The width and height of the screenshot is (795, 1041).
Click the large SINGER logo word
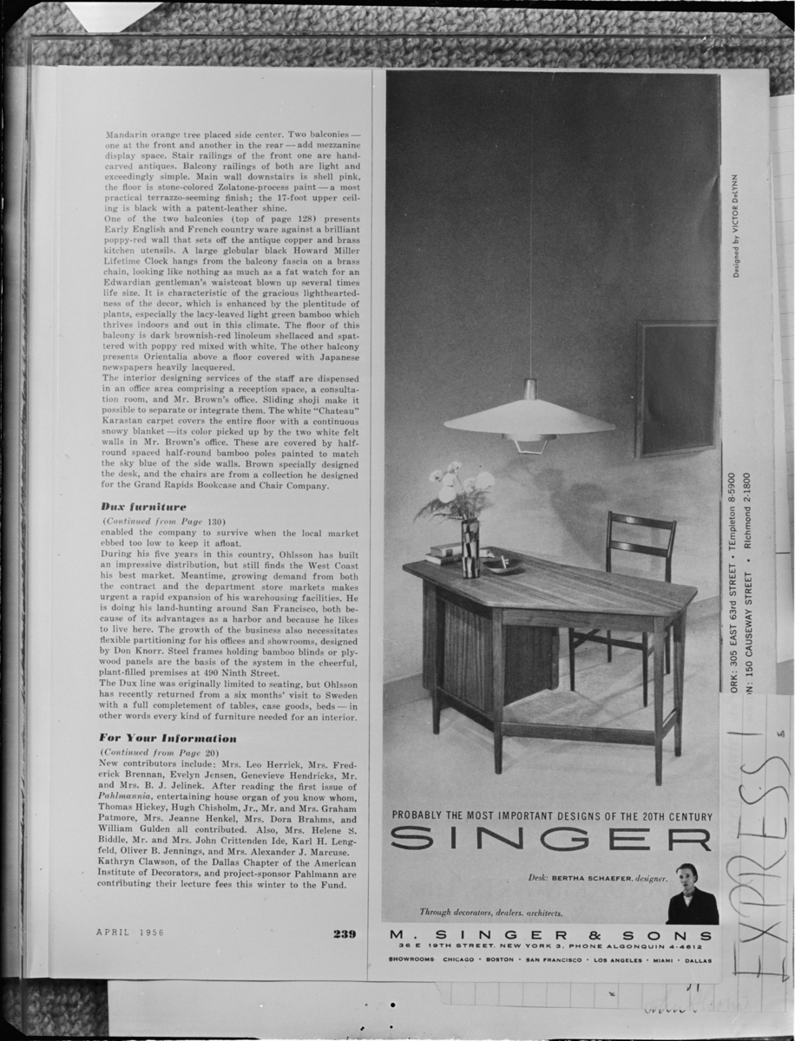pyautogui.click(x=551, y=840)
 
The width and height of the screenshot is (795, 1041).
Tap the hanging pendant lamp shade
pyautogui.click(x=529, y=420)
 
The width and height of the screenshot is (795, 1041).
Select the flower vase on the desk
pyautogui.click(x=470, y=548)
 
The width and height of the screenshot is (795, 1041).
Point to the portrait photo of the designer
pyautogui.click(x=692, y=894)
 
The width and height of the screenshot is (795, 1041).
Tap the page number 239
pyautogui.click(x=344, y=933)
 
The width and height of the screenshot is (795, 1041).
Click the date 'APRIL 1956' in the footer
pyautogui.click(x=130, y=933)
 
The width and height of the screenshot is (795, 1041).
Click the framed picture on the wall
pyautogui.click(x=676, y=389)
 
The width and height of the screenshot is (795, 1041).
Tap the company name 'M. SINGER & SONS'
pyautogui.click(x=551, y=935)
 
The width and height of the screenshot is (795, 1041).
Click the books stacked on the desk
pyautogui.click(x=445, y=552)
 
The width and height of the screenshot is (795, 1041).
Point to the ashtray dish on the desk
pyautogui.click(x=503, y=565)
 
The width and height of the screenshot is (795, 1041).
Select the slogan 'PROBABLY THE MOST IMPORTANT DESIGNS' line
pyautogui.click(x=552, y=815)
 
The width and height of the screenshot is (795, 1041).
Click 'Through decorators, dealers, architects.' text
pyautogui.click(x=491, y=913)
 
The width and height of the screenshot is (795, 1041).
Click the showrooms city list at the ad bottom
pyautogui.click(x=550, y=960)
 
